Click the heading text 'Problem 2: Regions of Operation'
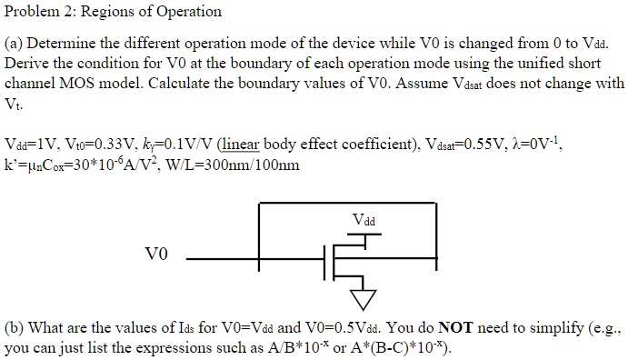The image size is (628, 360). tap(113, 12)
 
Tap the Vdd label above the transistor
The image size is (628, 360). tap(363, 221)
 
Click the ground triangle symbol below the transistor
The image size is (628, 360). tap(363, 298)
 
